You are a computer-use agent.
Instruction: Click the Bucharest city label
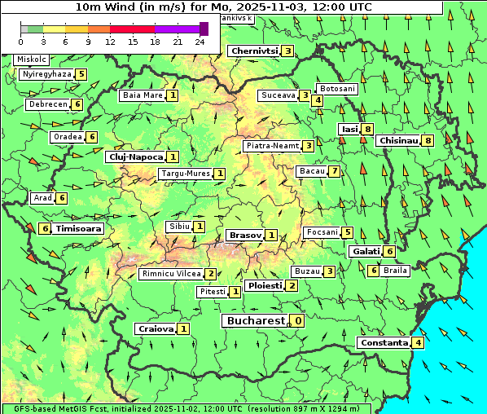pyautogui.click(x=255, y=321)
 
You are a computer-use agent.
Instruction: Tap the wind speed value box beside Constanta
pyautogui.click(x=418, y=343)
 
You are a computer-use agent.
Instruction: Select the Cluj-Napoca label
pyautogui.click(x=135, y=156)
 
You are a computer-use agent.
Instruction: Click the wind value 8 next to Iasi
pyautogui.click(x=368, y=129)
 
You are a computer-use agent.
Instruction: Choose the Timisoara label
pyautogui.click(x=79, y=229)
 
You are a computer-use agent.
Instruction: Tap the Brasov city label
pyautogui.click(x=245, y=235)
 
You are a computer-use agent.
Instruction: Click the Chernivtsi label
pyautogui.click(x=254, y=51)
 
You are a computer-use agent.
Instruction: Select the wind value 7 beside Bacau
pyautogui.click(x=334, y=171)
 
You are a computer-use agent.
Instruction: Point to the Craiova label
pyautogui.click(x=156, y=328)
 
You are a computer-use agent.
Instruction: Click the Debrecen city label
pyautogui.click(x=47, y=104)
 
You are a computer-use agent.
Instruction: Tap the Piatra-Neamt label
pyautogui.click(x=272, y=146)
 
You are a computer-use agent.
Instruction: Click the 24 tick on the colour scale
pyautogui.click(x=200, y=41)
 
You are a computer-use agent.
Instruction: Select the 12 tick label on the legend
pyautogui.click(x=110, y=41)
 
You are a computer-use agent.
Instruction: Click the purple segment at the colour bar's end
pyautogui.click(x=204, y=29)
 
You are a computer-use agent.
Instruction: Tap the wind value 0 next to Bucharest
pyautogui.click(x=299, y=321)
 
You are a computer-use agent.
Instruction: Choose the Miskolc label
pyautogui.click(x=32, y=59)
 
